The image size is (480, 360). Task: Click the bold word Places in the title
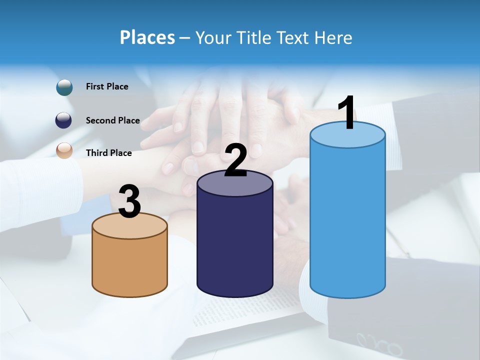[147, 37]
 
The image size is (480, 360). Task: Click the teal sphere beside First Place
[64, 87]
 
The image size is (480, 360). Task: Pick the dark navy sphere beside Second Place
[64, 120]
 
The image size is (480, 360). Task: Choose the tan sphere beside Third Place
[64, 150]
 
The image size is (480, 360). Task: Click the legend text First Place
[107, 86]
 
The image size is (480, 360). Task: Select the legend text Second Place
[112, 120]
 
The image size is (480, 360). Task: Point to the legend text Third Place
[108, 153]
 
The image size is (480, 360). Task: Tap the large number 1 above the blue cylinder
[345, 113]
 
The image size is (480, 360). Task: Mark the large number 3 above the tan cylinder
[129, 202]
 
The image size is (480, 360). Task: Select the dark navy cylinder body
[235, 245]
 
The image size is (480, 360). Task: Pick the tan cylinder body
[129, 265]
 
